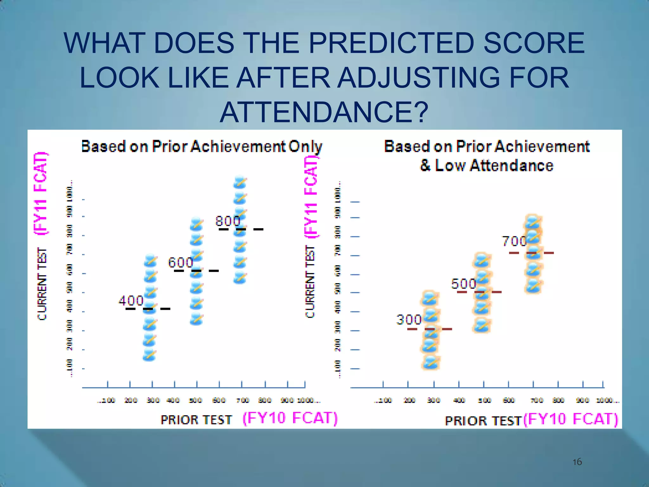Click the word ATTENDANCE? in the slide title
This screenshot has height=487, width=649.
(x=324, y=113)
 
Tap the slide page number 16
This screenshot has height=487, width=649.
(x=577, y=462)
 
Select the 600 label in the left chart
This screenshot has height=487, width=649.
(x=180, y=263)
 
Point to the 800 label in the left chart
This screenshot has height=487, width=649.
(x=228, y=221)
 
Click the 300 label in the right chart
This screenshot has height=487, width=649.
(x=409, y=320)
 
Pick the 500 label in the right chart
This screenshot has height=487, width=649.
(x=464, y=284)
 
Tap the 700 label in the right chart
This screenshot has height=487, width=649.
(x=514, y=242)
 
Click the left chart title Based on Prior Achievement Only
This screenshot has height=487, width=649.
(x=202, y=146)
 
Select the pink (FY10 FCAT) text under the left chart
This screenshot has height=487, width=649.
(x=290, y=418)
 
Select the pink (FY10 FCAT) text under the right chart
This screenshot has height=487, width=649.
(x=570, y=419)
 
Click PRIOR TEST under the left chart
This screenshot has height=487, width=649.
(x=196, y=420)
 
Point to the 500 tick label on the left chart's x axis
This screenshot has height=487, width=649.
(x=196, y=400)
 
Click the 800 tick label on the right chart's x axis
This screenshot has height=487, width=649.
(x=558, y=400)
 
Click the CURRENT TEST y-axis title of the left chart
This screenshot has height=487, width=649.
(x=42, y=284)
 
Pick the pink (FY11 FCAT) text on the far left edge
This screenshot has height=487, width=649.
(x=41, y=193)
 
